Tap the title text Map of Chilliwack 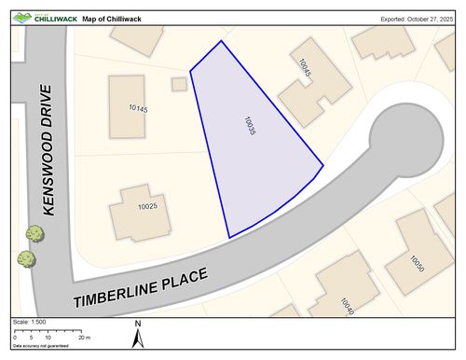[x=114, y=18]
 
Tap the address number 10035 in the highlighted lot [x=249, y=127]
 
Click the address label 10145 [x=138, y=109]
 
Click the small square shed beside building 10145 [x=179, y=84]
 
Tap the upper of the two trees [x=34, y=233]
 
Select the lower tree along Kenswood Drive [x=26, y=258]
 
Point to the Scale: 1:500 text [x=30, y=322]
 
